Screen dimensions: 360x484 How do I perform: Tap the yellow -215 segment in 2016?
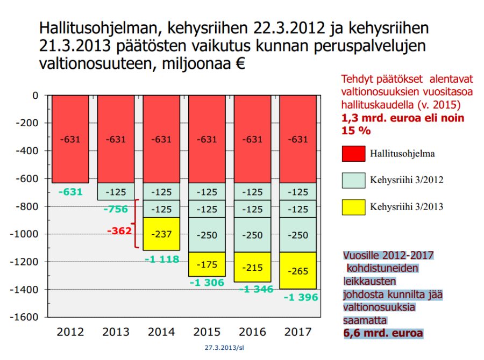point(252,267)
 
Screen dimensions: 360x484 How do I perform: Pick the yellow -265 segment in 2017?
point(297,271)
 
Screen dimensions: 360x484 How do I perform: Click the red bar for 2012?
point(70,139)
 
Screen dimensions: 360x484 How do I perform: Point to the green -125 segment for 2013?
point(116,191)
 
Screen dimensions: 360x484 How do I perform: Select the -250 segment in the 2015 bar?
point(207,235)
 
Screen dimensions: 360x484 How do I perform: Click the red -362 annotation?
point(119,231)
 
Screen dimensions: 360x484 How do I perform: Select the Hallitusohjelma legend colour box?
point(353,154)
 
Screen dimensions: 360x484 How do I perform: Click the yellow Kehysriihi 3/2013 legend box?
point(353,206)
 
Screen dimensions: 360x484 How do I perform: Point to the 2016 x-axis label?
point(252,332)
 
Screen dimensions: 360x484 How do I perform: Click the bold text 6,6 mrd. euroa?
point(383,333)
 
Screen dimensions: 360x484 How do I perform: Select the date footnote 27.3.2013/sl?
point(224,348)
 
